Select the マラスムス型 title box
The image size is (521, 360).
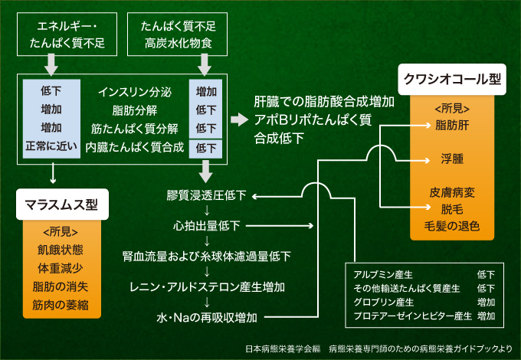coord(62,205)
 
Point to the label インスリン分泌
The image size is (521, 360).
coord(134,92)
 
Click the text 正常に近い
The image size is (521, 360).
coord(51,145)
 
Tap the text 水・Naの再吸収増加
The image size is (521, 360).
coord(206,317)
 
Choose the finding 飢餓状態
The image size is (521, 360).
coord(62,249)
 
